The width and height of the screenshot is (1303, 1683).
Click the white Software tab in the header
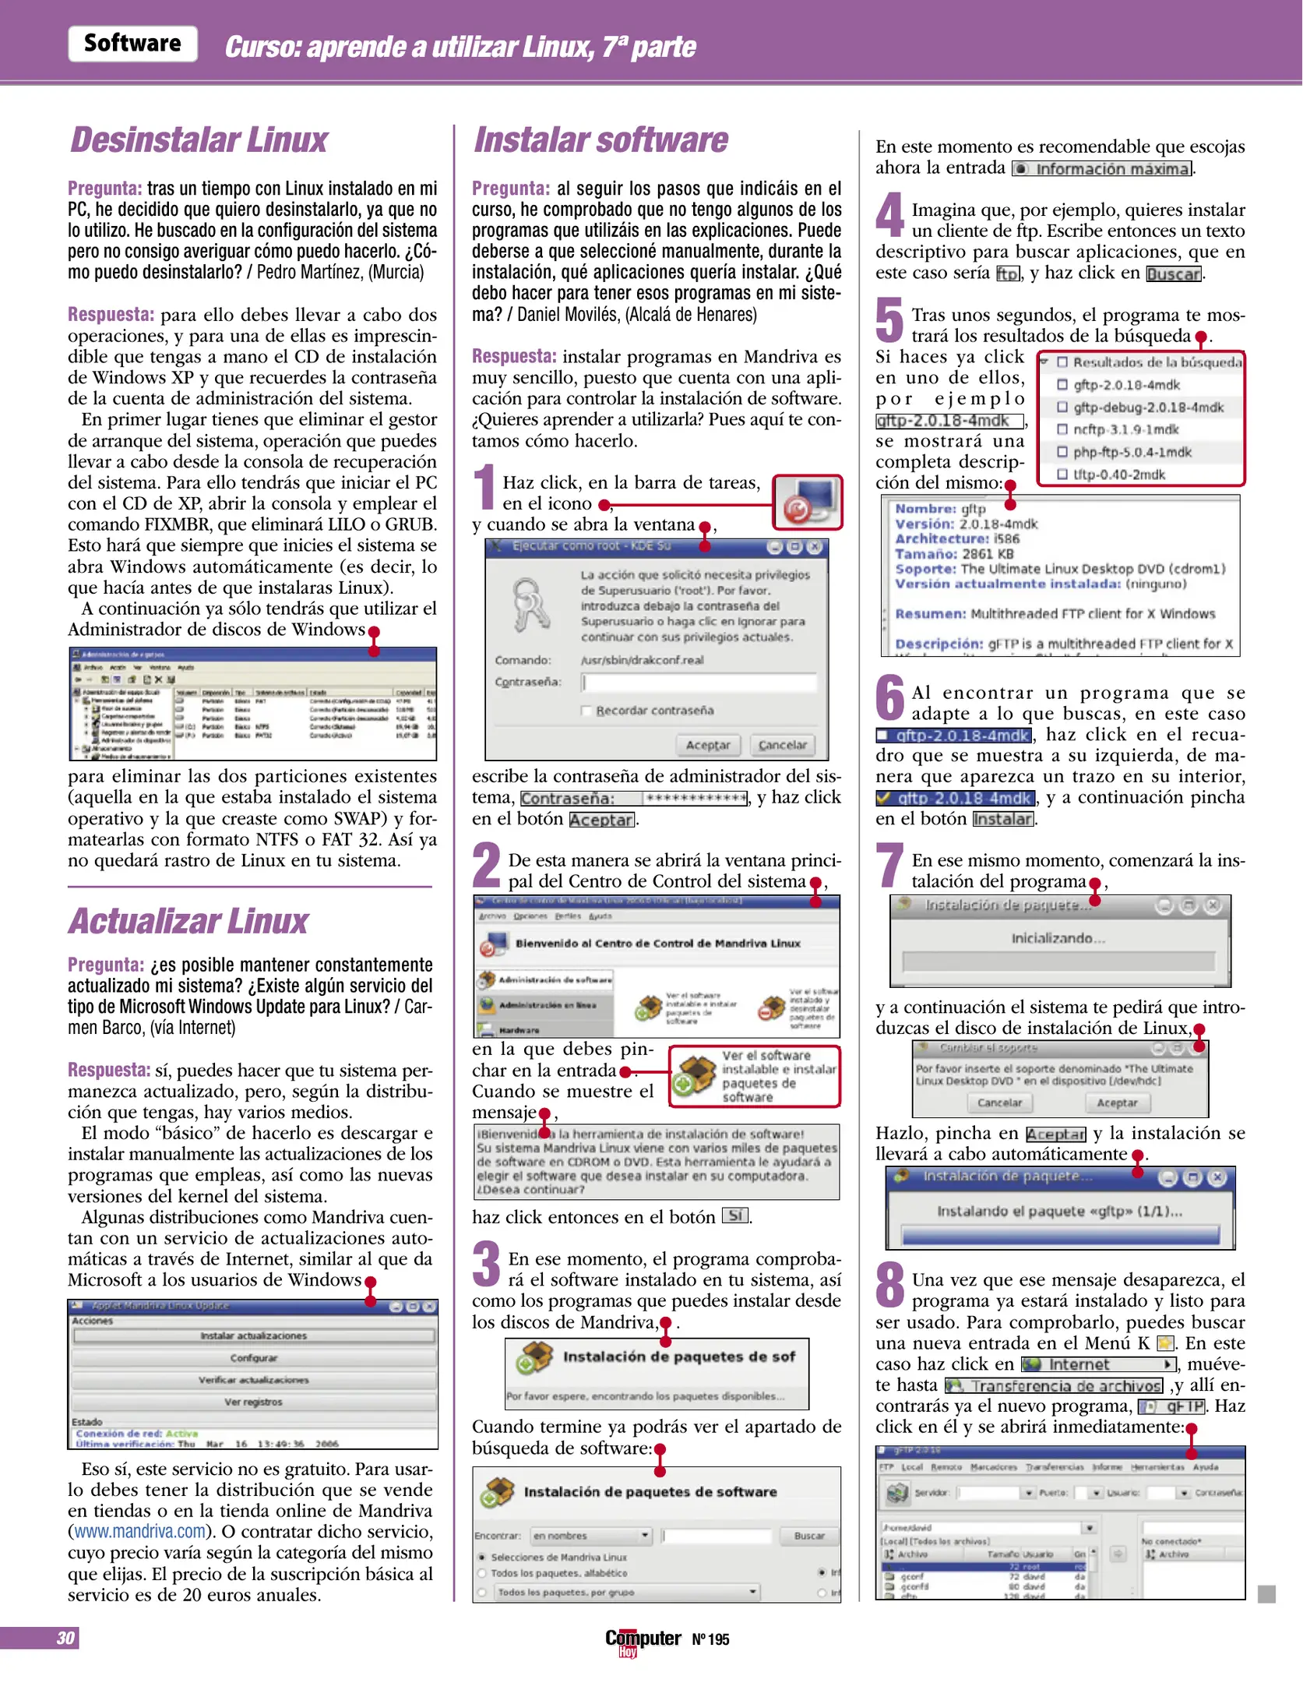click(132, 44)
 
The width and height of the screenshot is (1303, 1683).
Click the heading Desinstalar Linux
click(199, 140)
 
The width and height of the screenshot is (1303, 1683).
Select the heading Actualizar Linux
click(188, 921)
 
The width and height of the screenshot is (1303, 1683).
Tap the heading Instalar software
click(600, 140)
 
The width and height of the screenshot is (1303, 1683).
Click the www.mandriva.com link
click(139, 1531)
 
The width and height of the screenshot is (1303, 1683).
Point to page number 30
click(65, 1639)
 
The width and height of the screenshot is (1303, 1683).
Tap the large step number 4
click(889, 214)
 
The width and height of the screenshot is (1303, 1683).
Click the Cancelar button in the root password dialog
click(782, 745)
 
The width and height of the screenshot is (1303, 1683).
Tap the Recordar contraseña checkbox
click(586, 711)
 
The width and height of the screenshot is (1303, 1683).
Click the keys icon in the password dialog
click(531, 605)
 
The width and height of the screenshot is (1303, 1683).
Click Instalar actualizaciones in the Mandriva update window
click(253, 1336)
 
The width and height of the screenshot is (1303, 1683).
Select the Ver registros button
click(253, 1402)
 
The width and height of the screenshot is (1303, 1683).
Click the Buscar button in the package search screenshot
click(809, 1536)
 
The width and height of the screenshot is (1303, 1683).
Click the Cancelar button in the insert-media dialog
click(999, 1103)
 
